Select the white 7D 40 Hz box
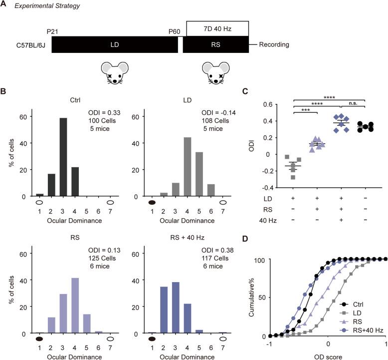217,28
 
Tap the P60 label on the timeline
175,31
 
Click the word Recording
274,45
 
